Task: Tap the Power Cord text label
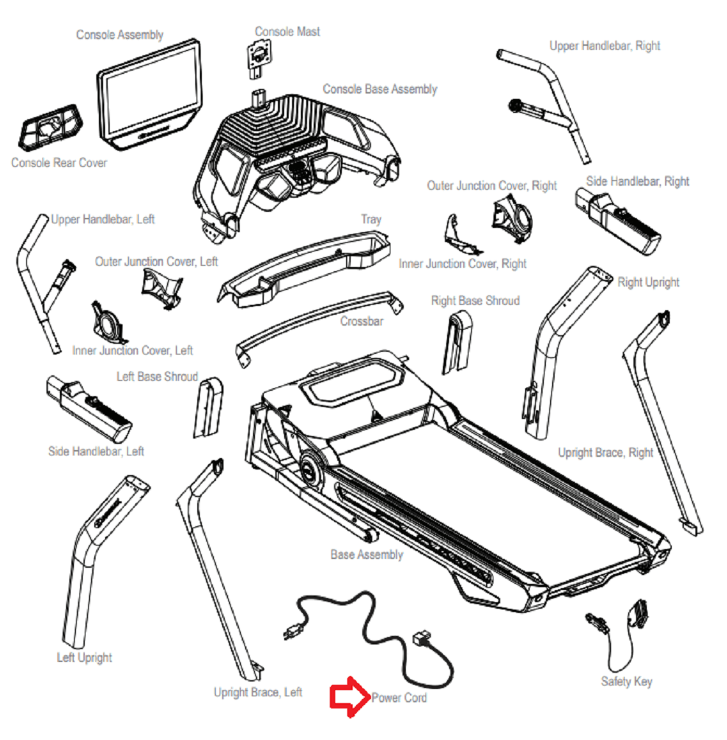(x=399, y=698)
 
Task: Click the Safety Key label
(x=626, y=681)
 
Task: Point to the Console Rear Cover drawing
(x=50, y=126)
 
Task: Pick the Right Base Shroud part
(x=458, y=340)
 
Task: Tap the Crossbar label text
(x=361, y=322)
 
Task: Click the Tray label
(x=371, y=219)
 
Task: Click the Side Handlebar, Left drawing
(x=88, y=410)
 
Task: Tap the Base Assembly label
(x=366, y=555)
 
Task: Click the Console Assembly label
(x=120, y=34)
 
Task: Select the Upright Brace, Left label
(x=258, y=692)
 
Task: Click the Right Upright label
(x=648, y=282)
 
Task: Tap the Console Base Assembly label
(x=380, y=89)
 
